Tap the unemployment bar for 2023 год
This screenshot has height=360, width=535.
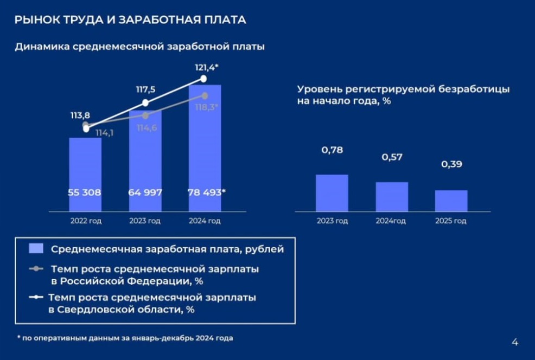pyautogui.click(x=332, y=192)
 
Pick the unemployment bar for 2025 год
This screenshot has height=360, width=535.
pyautogui.click(x=451, y=201)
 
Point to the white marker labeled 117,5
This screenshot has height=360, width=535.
pyautogui.click(x=145, y=103)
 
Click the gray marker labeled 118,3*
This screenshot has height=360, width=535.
pyautogui.click(x=205, y=95)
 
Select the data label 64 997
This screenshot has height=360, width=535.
pyautogui.click(x=145, y=192)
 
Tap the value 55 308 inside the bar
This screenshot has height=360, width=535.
pyautogui.click(x=85, y=192)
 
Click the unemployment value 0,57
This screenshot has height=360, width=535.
pyautogui.click(x=391, y=157)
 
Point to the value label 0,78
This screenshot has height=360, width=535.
pyautogui.click(x=332, y=150)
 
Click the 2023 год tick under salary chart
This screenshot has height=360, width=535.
pyautogui.click(x=145, y=221)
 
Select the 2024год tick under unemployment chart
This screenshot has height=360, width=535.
pyautogui.click(x=391, y=221)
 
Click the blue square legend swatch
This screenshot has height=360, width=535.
pyautogui.click(x=36, y=249)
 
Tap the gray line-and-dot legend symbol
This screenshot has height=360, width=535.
pyautogui.click(x=36, y=269)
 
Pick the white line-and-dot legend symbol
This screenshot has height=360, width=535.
pyautogui.click(x=36, y=298)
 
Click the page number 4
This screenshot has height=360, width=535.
pyautogui.click(x=514, y=342)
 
